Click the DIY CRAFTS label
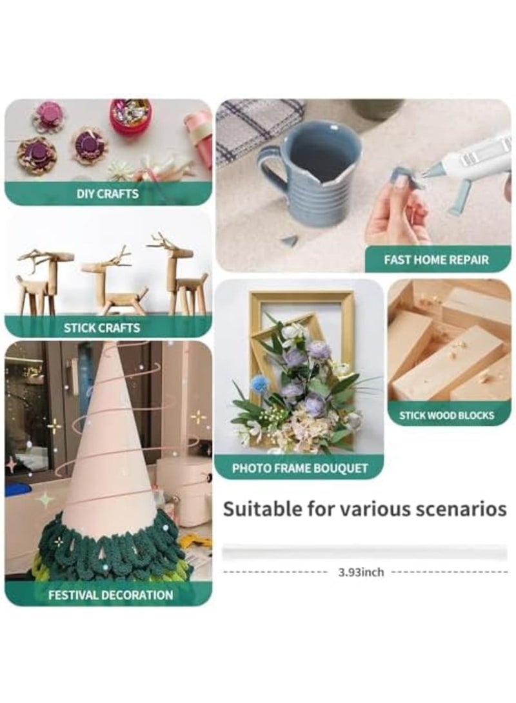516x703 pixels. (108, 193)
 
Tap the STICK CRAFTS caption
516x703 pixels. (102, 327)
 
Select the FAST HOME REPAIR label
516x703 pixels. (437, 260)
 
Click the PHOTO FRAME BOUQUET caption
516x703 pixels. (300, 468)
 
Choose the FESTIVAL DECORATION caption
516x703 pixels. (111, 595)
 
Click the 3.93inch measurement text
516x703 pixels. (361, 572)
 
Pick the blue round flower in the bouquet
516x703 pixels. (261, 384)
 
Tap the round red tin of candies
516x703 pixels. (130, 116)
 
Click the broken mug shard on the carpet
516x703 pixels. (290, 240)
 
